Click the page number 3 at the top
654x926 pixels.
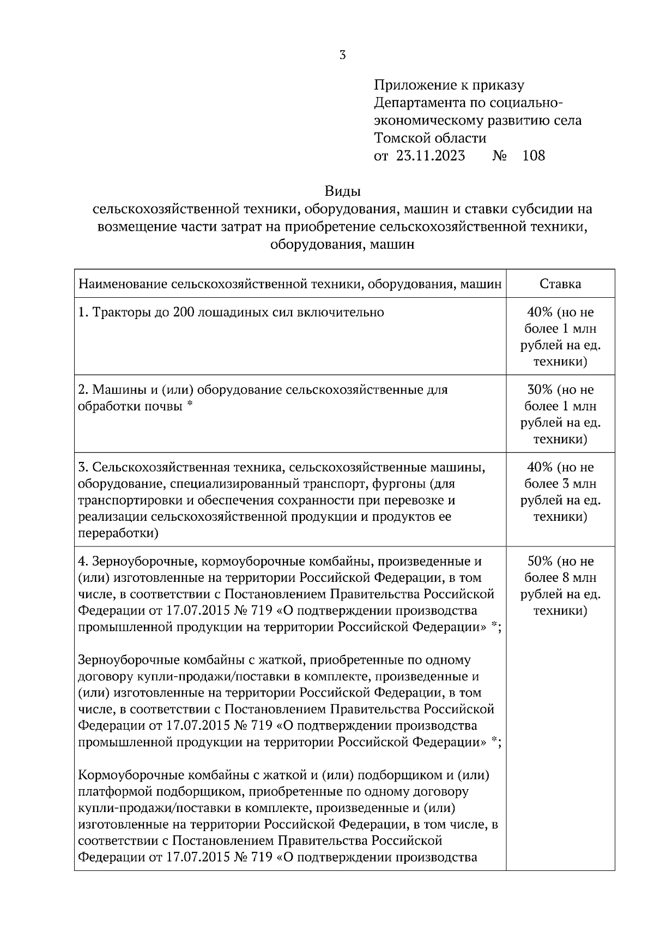[x=342, y=55]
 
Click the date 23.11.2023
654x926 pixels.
[x=431, y=156]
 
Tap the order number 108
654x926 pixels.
[x=533, y=156]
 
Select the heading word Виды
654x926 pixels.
[x=343, y=191]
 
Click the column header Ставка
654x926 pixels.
[x=560, y=284]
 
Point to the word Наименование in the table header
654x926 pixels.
[x=123, y=284]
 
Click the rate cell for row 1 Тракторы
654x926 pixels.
[x=560, y=336]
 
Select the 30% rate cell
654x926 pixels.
[x=560, y=414]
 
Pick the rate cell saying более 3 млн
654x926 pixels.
[x=560, y=484]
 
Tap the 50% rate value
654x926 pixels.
[x=540, y=561]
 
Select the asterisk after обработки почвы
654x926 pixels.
[x=190, y=405]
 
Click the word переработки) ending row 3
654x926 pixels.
[x=118, y=533]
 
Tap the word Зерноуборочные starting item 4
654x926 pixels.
[x=139, y=561]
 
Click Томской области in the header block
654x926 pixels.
[x=430, y=138]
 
